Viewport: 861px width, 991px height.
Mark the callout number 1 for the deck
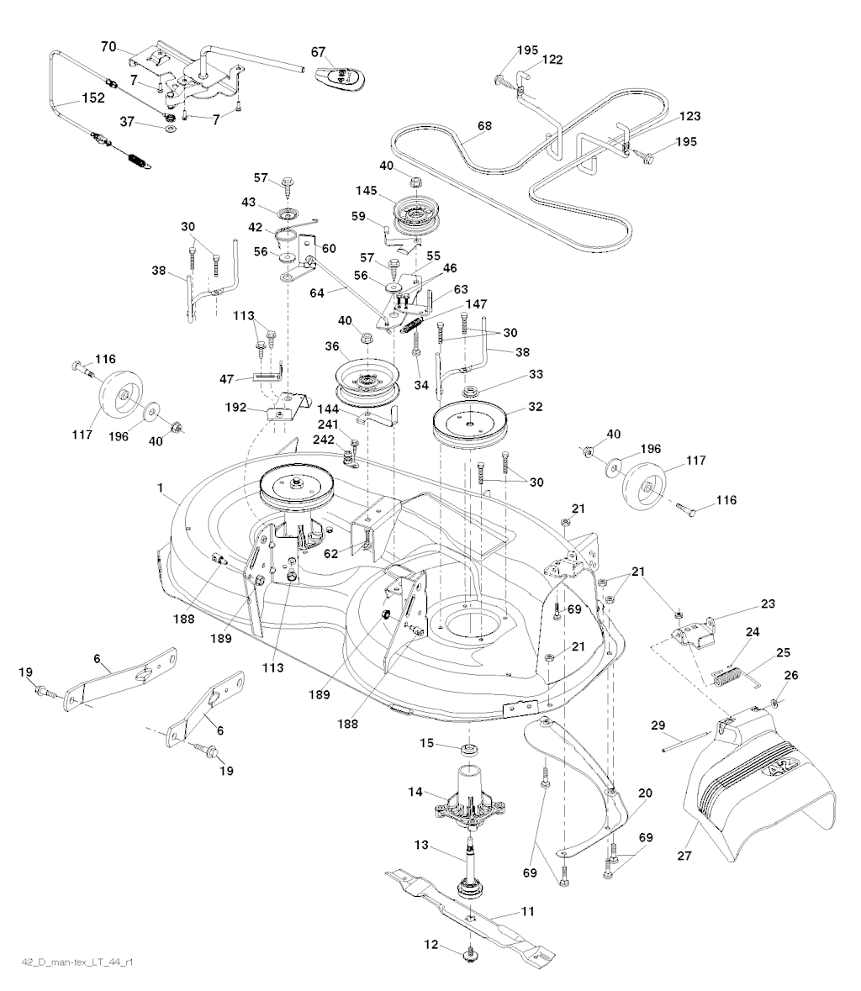point(161,488)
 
